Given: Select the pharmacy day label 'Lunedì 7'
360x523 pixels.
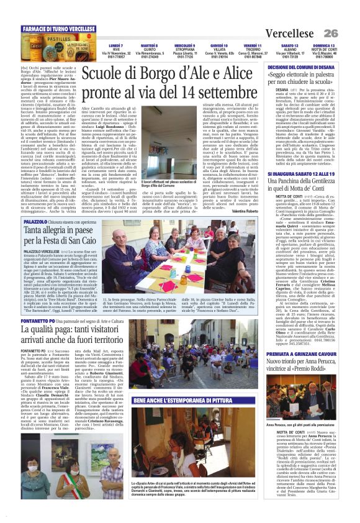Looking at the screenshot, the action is click(116, 46).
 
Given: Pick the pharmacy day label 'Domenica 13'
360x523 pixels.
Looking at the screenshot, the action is click(323, 46).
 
